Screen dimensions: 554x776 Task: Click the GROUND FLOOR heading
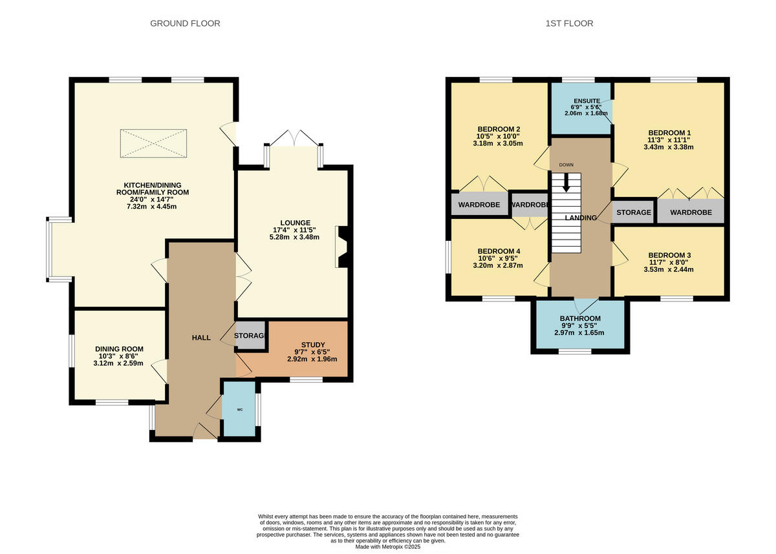click(185, 23)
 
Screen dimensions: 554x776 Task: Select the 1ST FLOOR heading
click(568, 23)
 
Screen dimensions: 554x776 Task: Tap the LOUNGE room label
click(296, 222)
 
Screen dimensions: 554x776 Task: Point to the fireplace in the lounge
click(341, 247)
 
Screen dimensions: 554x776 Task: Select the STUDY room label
click(312, 344)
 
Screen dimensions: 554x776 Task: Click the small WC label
click(239, 409)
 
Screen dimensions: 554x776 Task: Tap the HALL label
click(201, 338)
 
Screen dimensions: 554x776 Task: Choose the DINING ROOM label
click(119, 349)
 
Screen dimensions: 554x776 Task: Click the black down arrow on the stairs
click(566, 183)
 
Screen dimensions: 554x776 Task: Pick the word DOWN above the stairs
click(566, 165)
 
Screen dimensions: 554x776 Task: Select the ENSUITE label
click(587, 101)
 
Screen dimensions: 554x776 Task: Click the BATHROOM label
click(580, 318)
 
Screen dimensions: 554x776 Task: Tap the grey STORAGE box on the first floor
click(633, 212)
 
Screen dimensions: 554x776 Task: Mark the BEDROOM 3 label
click(669, 255)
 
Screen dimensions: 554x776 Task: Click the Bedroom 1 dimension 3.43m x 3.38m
click(668, 147)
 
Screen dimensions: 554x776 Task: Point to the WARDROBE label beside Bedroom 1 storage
click(691, 212)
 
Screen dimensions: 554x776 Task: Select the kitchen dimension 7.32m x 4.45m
click(153, 207)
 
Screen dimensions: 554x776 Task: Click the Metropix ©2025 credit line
click(388, 546)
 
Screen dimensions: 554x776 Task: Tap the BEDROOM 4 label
click(499, 251)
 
